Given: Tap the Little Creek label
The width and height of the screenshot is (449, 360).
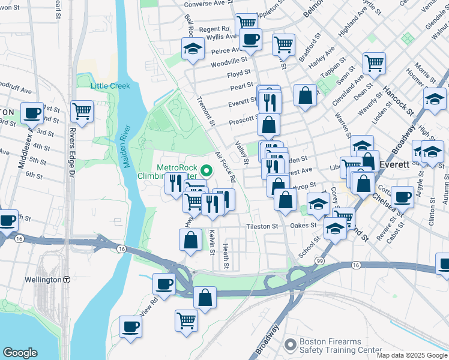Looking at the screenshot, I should coord(110,86).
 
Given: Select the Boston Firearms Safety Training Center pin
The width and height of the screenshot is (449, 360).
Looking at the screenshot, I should coord(291,344).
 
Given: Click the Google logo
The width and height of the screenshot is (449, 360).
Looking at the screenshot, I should coord(20,353).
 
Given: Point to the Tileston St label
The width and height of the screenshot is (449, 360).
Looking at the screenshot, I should coord(262,227).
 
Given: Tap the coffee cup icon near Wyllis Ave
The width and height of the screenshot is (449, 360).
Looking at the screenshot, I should coord(250,40).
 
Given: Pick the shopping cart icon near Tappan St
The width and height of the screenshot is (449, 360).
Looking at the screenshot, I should coord(374,62).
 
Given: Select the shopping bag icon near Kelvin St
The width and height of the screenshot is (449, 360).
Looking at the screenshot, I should coord(190,240).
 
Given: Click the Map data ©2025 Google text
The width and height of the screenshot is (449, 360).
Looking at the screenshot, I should coord(412,355).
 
